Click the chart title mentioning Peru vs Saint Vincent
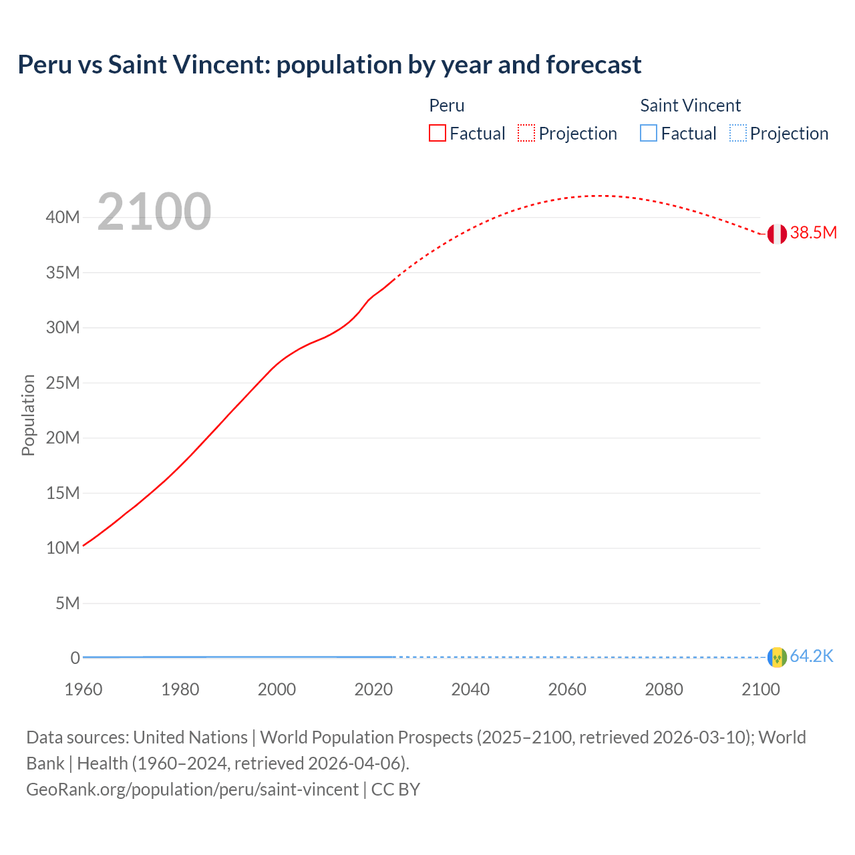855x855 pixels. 329,65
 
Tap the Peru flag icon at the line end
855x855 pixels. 777,234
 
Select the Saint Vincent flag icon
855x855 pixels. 777,657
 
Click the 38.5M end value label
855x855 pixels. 813,233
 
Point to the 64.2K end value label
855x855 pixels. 812,657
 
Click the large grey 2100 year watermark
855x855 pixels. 154,212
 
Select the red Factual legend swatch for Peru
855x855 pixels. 438,134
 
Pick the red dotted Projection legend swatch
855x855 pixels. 526,134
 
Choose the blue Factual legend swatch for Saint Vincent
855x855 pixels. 649,134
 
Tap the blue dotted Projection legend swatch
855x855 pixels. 737,134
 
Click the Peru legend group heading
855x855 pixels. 446,106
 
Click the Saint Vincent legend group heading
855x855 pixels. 690,106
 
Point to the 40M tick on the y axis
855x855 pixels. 63,218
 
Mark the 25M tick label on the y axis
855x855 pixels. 63,383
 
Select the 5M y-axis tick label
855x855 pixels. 67,603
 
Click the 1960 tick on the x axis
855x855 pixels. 83,689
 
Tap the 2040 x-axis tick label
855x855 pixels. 470,689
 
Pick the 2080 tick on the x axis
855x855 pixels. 664,689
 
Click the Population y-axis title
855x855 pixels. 28,415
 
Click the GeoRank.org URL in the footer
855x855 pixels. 192,790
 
